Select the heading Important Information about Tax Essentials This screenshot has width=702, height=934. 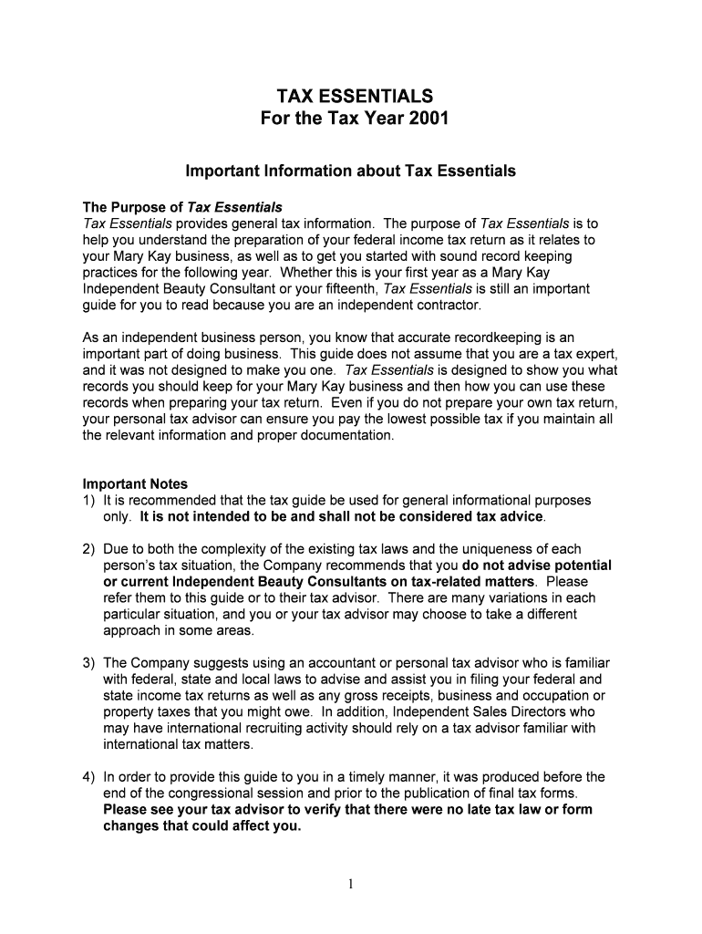click(351, 171)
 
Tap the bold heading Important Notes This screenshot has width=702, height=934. click(135, 484)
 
